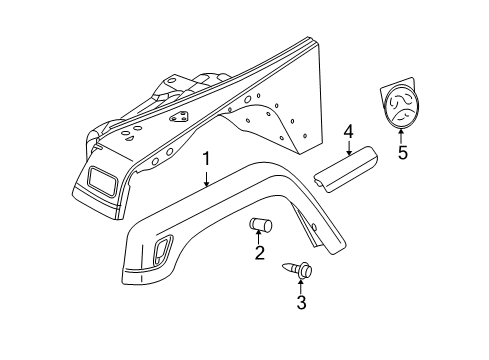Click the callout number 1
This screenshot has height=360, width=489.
click(206, 160)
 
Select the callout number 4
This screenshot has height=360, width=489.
click(349, 131)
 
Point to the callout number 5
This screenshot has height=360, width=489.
click(403, 154)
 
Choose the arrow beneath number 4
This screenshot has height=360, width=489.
click(349, 149)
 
